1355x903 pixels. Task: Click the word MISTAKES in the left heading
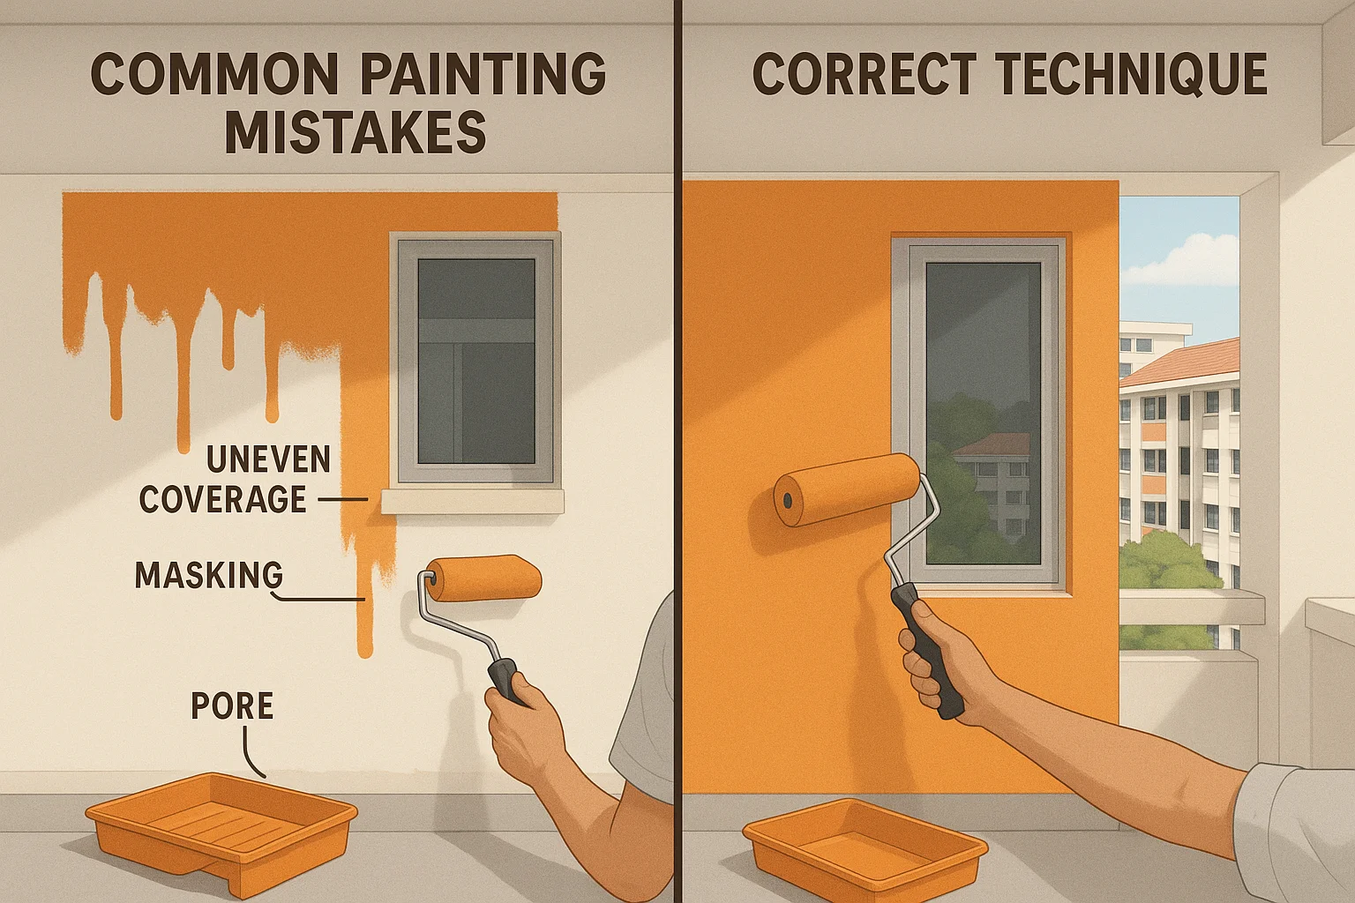[355, 133]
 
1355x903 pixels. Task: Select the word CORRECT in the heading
[865, 74]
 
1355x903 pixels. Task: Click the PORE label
[232, 706]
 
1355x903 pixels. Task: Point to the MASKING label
[209, 575]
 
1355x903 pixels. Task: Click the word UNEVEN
[268, 459]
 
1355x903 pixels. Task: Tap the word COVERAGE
[222, 500]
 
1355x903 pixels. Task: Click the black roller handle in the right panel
[927, 648]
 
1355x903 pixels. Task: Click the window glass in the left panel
[475, 361]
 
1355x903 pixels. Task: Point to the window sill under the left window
[472, 502]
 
